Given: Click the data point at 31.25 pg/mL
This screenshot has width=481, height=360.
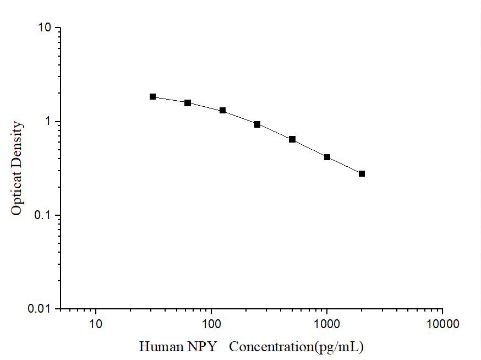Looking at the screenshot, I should coord(153,97).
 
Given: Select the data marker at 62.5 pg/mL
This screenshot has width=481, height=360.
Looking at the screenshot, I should coord(188,103).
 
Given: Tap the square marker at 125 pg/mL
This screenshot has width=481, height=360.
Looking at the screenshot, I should coord(223,111).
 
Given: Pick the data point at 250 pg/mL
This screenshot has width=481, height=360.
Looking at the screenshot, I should coord(258,124).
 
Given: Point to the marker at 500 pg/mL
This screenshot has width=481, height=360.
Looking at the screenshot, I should coord(292,139).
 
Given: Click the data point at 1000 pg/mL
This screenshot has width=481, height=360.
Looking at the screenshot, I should coord(327,157).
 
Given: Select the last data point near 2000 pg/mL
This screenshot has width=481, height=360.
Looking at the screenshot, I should coord(362,174).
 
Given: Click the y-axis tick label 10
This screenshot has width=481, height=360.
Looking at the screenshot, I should coord(46,28).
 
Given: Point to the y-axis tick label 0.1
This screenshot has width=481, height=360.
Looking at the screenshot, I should coord(43,215).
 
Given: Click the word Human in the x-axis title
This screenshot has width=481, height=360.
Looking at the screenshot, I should coord(160,347).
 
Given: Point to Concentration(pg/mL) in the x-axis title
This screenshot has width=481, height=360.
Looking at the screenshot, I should coord(297,347).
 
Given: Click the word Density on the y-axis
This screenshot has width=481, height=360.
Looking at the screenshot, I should coord(17,143).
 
